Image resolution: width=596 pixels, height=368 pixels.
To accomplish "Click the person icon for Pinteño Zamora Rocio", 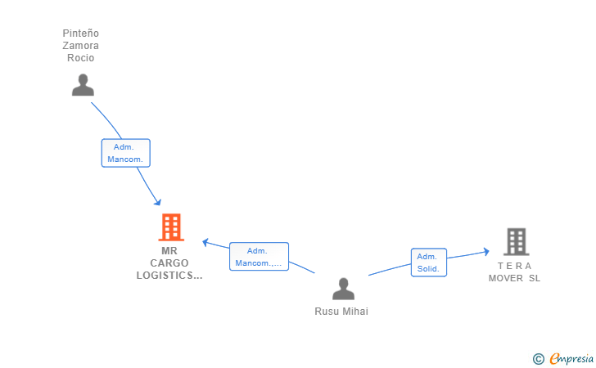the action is [83, 85].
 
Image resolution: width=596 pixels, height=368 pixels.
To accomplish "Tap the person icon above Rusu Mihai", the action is [343, 289].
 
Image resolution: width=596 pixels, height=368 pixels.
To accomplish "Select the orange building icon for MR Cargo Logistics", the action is [171, 227].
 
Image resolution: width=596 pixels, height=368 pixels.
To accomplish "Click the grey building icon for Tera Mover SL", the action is [516, 241].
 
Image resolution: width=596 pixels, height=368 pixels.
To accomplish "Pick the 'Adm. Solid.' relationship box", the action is [429, 263].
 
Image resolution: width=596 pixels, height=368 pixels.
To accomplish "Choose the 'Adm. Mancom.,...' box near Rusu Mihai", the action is [259, 257].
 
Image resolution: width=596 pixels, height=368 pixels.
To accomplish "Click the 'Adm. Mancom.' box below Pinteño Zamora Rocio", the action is [126, 153].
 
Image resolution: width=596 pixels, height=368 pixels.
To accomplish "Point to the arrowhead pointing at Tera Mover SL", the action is [486, 251].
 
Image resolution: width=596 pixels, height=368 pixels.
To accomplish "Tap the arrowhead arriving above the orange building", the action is [157, 202].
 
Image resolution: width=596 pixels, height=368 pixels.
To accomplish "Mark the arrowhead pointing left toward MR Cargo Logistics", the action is [205, 242].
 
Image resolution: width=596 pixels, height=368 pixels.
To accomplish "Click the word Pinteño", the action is [80, 34].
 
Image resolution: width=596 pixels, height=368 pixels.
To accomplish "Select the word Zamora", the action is [80, 46].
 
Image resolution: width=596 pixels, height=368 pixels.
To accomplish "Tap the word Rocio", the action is [80, 58].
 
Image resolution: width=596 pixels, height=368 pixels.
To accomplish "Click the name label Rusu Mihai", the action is [341, 312].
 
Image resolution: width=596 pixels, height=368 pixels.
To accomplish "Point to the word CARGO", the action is [169, 263].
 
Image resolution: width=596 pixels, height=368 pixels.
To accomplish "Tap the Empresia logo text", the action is [571, 358].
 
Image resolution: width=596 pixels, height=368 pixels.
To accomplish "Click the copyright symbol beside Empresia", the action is [539, 359].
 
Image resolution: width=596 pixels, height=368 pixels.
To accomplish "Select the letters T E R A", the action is [514, 266].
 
